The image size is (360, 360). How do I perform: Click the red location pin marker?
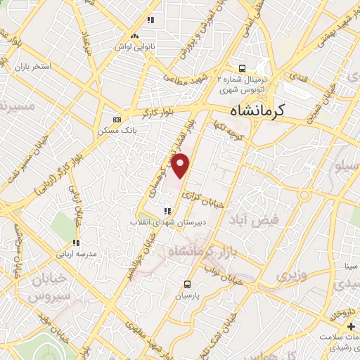coord(181,166)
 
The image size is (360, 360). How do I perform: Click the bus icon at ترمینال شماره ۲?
coord(242,69)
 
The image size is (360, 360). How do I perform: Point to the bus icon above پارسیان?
coord(187,284)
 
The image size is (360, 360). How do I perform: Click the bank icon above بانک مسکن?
coord(117,119)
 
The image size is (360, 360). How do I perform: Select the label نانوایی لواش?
coord(136,46)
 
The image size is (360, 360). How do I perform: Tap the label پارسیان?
coord(188,297)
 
